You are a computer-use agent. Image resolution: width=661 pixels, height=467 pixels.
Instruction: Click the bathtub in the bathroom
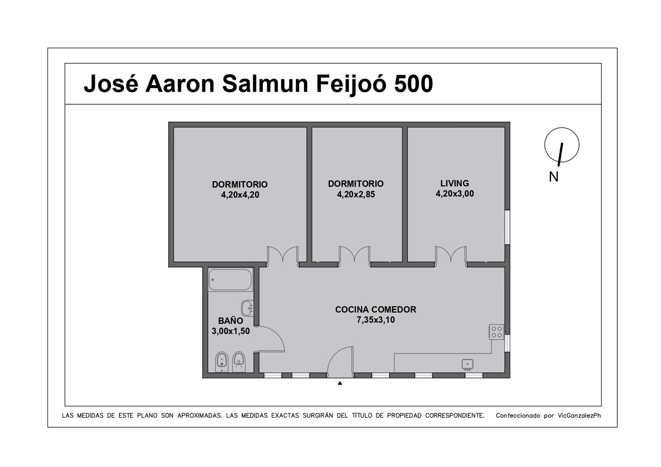230,279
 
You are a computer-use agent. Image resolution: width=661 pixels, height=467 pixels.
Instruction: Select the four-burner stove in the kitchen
496,332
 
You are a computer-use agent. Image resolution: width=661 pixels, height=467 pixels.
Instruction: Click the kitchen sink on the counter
467,365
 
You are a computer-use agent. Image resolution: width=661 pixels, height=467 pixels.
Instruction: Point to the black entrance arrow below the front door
340,383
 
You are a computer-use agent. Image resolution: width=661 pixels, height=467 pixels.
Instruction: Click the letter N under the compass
554,177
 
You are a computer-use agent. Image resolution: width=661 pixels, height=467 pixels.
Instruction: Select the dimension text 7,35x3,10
376,320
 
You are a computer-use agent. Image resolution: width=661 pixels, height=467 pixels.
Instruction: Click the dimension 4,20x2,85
356,194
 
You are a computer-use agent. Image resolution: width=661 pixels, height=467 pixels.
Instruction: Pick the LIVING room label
455,183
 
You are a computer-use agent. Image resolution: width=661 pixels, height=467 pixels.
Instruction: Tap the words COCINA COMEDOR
376,310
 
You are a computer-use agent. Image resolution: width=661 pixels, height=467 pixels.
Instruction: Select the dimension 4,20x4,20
240,195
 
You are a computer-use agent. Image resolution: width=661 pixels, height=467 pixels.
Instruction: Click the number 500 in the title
414,84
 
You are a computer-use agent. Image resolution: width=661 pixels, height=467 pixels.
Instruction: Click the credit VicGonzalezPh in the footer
579,416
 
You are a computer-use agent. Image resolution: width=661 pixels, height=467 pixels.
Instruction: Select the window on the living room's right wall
507,227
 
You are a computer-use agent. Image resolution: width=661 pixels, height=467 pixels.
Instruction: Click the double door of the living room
451,256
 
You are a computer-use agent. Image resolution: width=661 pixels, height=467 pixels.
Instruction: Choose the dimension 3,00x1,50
231,331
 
